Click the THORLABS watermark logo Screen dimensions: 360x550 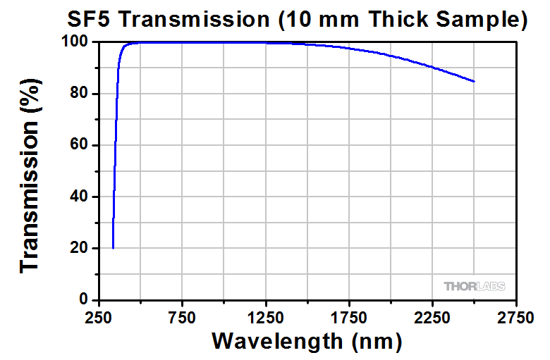pyautogui.click(x=475, y=286)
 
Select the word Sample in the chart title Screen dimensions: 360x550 pyautogui.click(x=482, y=20)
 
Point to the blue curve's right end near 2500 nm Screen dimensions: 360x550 pyautogui.click(x=474, y=82)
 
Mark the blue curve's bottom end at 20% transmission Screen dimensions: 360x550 pyautogui.click(x=113, y=247)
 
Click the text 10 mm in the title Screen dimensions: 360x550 pyautogui.click(x=319, y=20)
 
